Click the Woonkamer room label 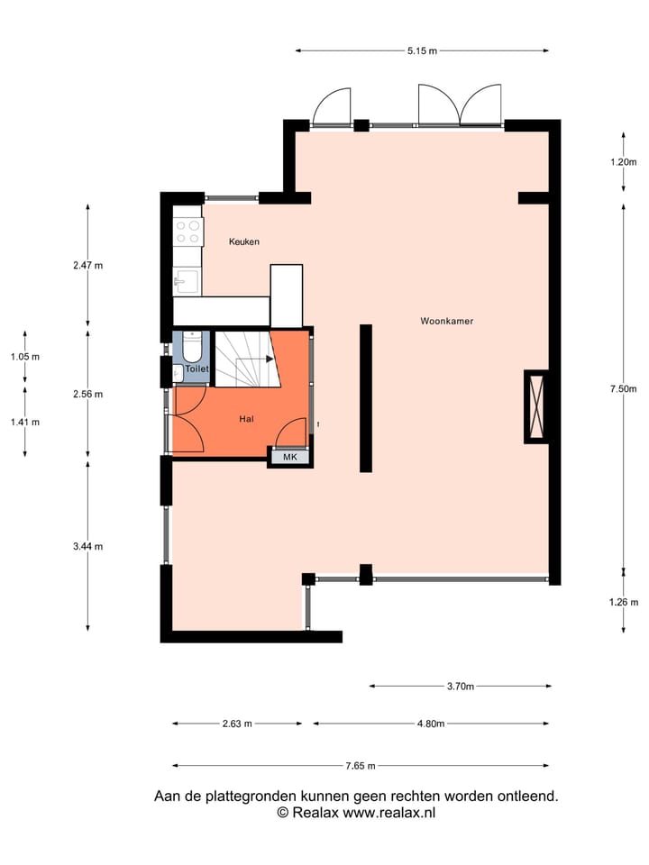click(x=446, y=321)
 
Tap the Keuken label click(x=244, y=241)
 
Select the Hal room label click(x=246, y=419)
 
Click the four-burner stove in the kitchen click(x=188, y=232)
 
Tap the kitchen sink click(x=187, y=283)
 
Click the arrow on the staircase click(x=268, y=358)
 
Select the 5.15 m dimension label click(x=421, y=51)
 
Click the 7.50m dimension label click(x=622, y=389)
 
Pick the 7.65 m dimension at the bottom click(x=360, y=766)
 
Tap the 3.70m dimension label click(x=460, y=687)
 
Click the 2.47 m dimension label click(x=87, y=266)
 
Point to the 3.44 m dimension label click(x=87, y=546)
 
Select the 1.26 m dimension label click(x=623, y=603)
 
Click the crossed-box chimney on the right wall click(x=536, y=406)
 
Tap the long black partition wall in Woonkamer click(x=366, y=397)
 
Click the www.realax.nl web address click(x=390, y=812)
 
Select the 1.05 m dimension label click(x=25, y=357)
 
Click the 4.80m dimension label click(x=430, y=724)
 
